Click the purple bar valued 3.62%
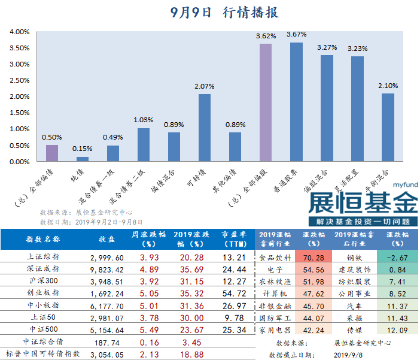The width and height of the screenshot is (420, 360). click(266, 102)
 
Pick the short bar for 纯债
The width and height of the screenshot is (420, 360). click(83, 159)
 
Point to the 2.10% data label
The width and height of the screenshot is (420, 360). click(388, 86)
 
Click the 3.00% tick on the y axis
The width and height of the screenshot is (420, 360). click(20, 64)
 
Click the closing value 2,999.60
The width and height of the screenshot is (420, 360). click(107, 256)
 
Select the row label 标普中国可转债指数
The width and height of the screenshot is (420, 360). click(40, 355)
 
